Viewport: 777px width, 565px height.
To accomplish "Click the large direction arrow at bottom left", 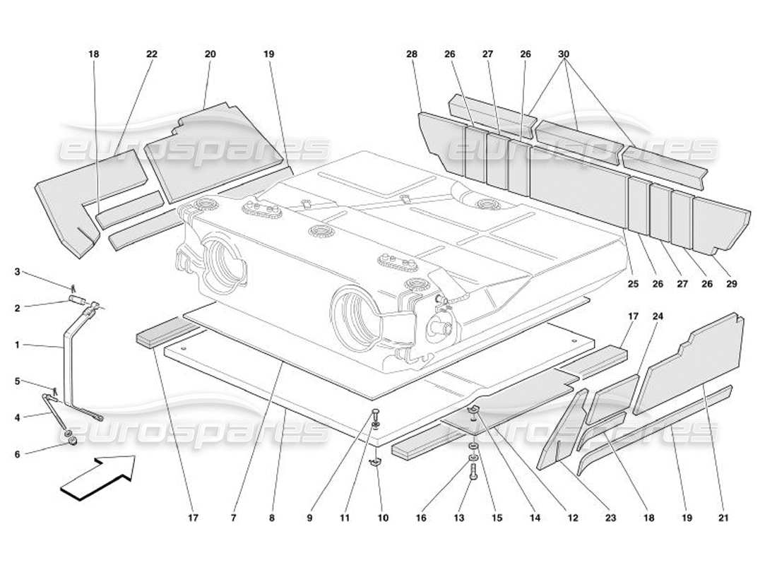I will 97,478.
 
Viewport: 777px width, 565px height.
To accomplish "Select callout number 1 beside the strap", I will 18,345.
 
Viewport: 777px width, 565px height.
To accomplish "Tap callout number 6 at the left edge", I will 18,454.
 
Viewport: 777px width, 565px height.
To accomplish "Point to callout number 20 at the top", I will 210,54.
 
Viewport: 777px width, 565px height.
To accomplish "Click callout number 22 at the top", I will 152,54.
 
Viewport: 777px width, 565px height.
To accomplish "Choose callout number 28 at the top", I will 412,54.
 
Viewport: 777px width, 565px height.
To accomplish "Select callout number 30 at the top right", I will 563,54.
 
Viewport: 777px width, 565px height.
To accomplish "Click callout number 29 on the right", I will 731,285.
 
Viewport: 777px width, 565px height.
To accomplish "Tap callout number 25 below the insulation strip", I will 632,285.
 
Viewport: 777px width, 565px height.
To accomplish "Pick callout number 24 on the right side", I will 658,316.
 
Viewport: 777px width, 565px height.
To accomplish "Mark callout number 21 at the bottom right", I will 721,518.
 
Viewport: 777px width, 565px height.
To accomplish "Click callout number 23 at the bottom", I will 610,518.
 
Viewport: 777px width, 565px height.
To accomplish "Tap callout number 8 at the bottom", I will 271,518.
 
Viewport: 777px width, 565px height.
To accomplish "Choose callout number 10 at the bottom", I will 383,518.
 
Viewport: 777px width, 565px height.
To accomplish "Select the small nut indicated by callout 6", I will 71,443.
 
